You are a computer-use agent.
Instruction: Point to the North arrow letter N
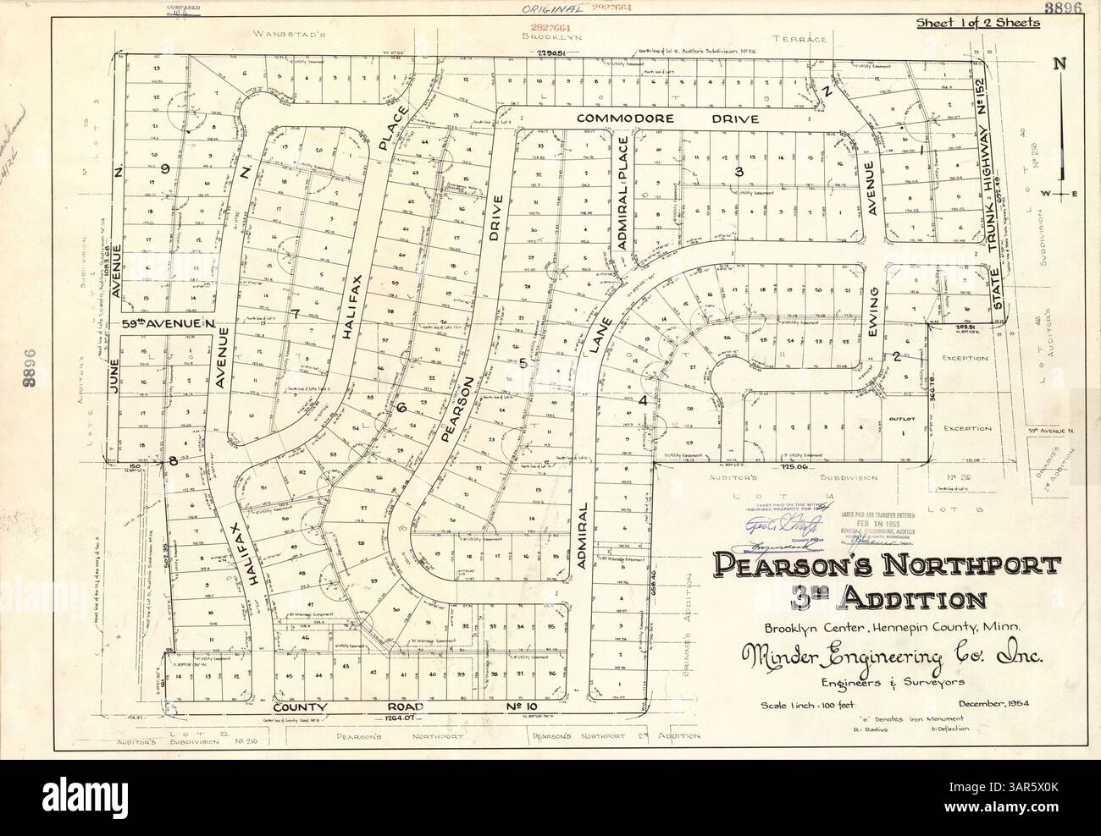(1058, 63)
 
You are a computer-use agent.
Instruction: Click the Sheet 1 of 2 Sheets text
(978, 23)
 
